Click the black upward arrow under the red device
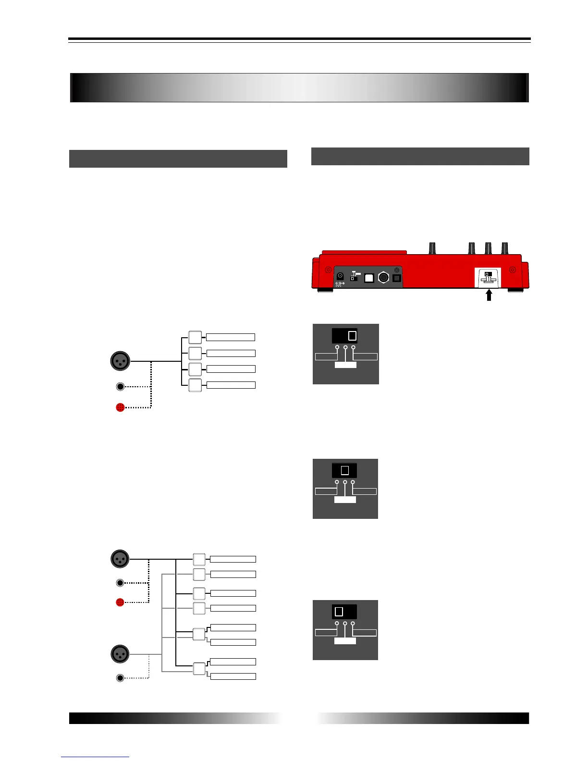pos(489,295)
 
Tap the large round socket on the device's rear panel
pos(383,278)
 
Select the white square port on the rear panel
pos(369,278)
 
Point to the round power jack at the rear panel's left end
pos(340,276)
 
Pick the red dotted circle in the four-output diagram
pos(121,407)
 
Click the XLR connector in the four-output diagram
pos(120,361)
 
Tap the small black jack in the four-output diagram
pos(121,386)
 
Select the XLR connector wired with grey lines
pos(120,654)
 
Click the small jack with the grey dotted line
pos(120,678)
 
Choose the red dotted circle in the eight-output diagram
pos(120,602)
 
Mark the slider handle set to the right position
pos(352,336)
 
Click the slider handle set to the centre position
pos(344,470)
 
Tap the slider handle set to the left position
pos(339,612)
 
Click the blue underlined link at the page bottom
pos(95,757)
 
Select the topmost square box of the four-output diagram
pos(195,337)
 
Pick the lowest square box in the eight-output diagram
pos(199,669)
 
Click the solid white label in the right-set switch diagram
pos(345,365)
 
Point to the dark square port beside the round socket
pos(397,278)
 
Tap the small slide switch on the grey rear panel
pos(354,278)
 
